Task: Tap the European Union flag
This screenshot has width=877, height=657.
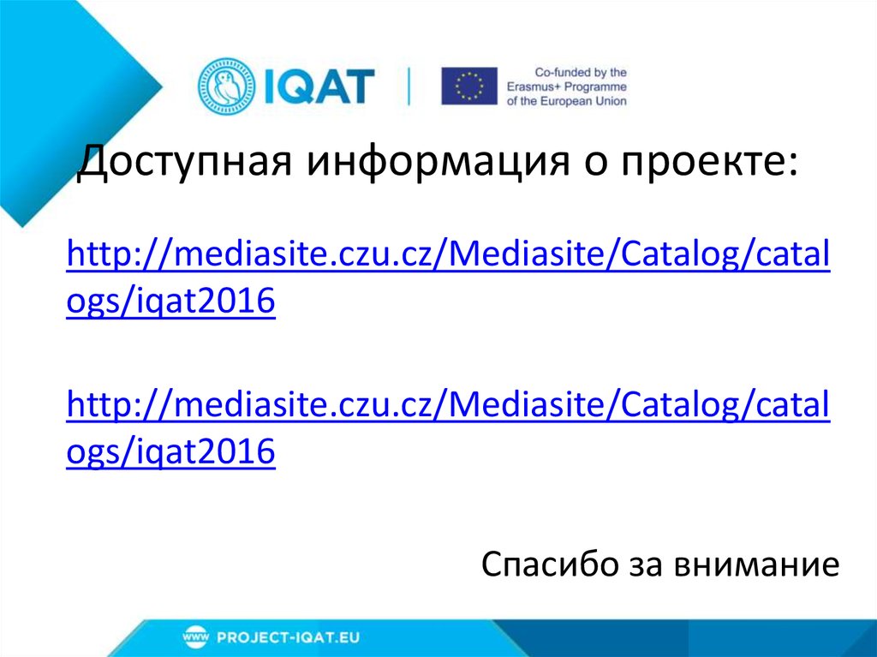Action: pos(468,87)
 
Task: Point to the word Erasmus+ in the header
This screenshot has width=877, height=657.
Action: pos(555,87)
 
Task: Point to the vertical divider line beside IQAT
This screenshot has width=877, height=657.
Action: pos(409,87)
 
